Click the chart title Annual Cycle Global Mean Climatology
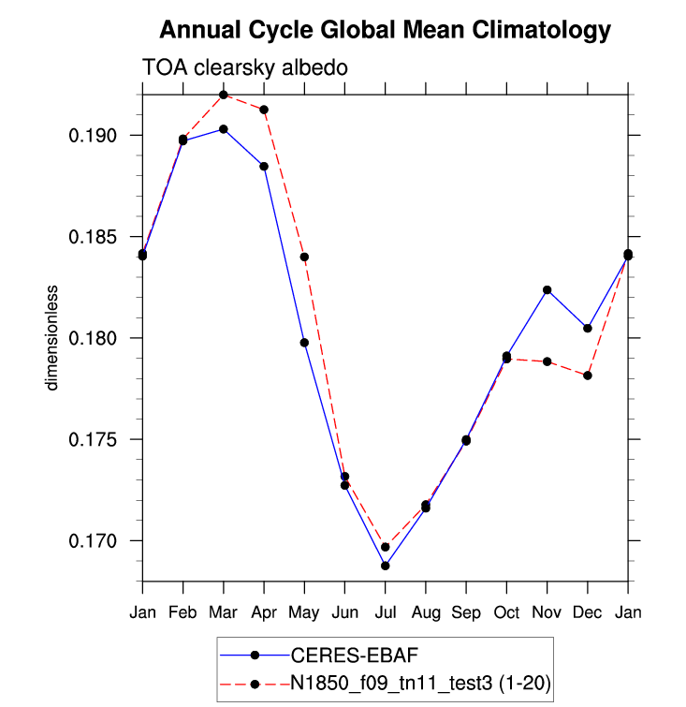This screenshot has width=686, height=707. coord(385,31)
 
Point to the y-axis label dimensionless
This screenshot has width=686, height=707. coord(54,338)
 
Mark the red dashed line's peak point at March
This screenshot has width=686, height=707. coord(224,95)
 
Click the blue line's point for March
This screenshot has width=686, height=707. coord(224,129)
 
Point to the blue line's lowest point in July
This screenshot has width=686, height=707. coord(385,566)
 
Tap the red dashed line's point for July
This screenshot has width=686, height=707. coord(385,547)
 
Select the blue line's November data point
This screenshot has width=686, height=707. coord(547,290)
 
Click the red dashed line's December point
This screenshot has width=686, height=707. coord(588,376)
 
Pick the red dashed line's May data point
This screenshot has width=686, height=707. coord(304,257)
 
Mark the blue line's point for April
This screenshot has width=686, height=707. coord(264,167)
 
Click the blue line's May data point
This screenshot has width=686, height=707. coord(304,343)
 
